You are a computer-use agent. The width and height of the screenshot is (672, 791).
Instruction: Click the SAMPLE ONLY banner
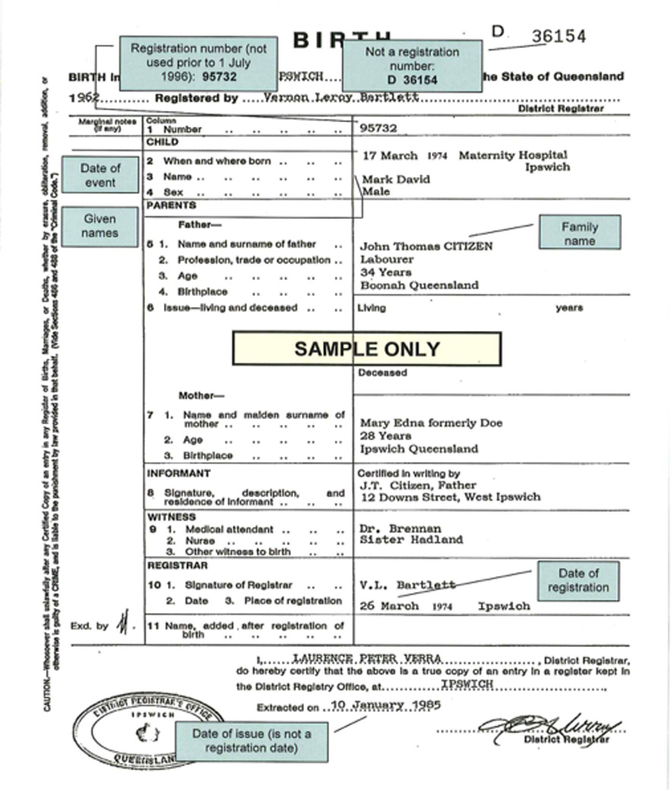(x=366, y=348)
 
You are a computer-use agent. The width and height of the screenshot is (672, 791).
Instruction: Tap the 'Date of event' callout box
(x=100, y=175)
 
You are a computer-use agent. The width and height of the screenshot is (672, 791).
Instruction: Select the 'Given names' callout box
(x=100, y=226)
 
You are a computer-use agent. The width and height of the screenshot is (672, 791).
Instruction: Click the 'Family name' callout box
(x=579, y=233)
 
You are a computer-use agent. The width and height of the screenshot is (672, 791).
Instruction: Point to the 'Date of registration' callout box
(x=578, y=580)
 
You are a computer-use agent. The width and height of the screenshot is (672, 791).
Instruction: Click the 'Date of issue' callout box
(x=251, y=741)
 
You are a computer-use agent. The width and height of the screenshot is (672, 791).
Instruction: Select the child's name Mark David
(x=396, y=179)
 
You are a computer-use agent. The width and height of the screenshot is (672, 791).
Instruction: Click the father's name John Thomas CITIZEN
(x=426, y=246)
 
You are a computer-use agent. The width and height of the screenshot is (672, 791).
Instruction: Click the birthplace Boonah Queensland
(x=419, y=285)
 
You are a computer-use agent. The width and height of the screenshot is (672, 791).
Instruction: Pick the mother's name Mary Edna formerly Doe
(x=431, y=423)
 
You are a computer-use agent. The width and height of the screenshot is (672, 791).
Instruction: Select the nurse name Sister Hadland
(x=412, y=540)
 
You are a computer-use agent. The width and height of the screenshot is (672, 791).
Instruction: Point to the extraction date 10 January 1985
(x=386, y=704)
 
